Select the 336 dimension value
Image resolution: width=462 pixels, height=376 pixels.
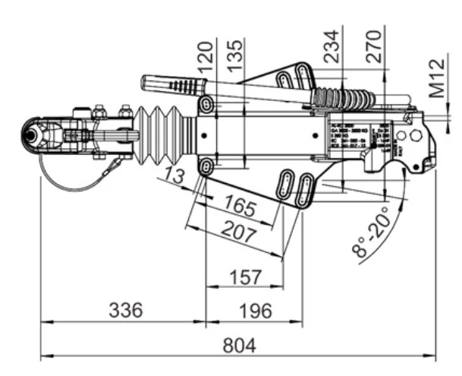(125, 310)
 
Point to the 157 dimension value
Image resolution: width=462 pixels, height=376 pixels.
(245, 277)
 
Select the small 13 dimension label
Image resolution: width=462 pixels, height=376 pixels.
(174, 179)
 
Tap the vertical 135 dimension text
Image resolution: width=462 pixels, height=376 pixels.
(236, 53)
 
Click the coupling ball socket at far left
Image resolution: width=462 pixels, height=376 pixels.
(34, 134)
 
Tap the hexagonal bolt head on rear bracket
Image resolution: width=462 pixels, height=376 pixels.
(415, 134)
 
